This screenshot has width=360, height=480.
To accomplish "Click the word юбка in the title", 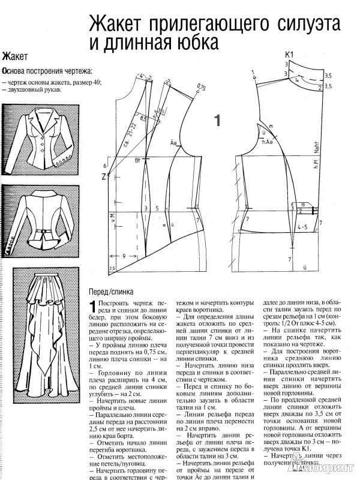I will click(x=190, y=43).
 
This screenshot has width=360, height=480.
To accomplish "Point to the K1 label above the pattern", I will click(x=288, y=56).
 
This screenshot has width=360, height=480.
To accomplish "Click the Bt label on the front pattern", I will click(x=138, y=160).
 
